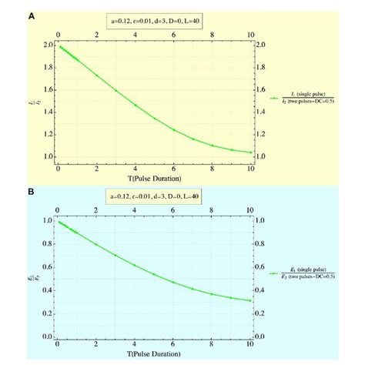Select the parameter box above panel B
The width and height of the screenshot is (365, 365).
point(154,196)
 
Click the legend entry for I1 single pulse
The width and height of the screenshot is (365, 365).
point(309,98)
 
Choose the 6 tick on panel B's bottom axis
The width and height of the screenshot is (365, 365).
point(173,344)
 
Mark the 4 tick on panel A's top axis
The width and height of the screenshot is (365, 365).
point(135,35)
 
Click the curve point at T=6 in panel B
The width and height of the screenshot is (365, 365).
point(173,282)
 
